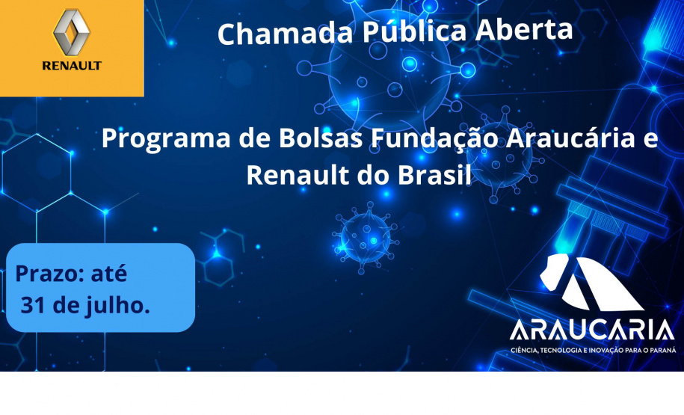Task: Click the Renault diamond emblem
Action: (71, 32)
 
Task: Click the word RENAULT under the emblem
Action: (72, 66)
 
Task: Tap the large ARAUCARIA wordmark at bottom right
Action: (591, 330)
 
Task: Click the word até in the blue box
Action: (108, 274)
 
